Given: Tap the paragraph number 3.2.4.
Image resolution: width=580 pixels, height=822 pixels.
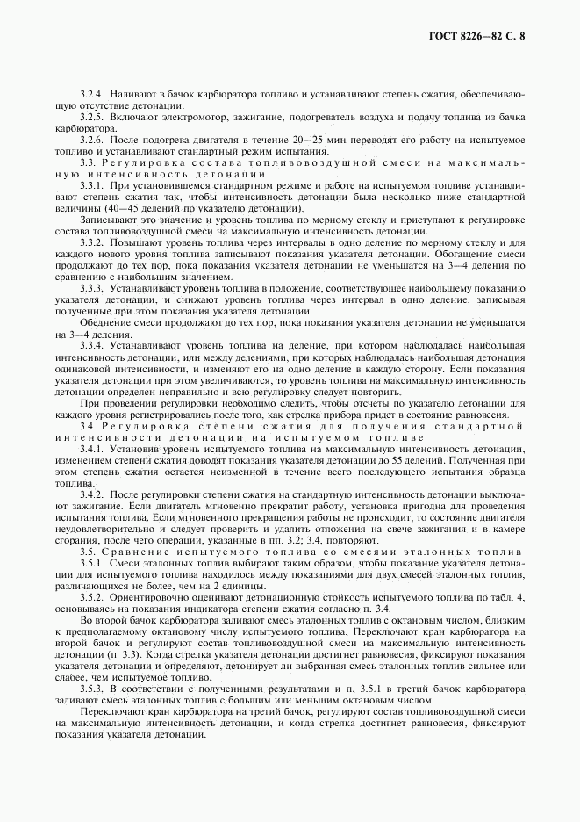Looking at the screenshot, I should (91, 92).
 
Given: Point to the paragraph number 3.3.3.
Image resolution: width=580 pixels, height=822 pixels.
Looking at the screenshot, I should (91, 287).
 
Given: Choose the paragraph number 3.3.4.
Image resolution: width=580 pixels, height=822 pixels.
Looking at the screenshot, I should (91, 347).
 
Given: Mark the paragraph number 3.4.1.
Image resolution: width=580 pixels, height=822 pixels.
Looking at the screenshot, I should (91, 449).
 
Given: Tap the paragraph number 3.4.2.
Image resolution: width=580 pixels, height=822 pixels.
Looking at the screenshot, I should (91, 495).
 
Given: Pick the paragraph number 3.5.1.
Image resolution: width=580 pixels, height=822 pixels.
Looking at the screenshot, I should (91, 563).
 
